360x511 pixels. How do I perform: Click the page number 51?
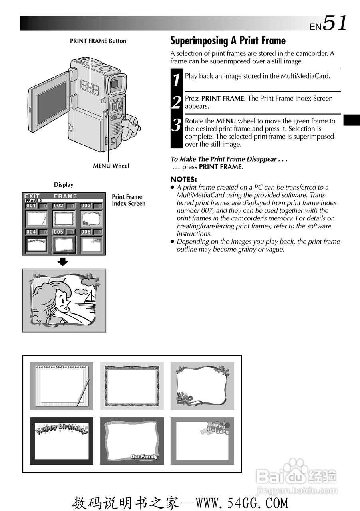[x=335, y=23]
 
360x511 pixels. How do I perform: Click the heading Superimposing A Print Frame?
[x=228, y=41]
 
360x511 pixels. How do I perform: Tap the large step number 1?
[x=177, y=80]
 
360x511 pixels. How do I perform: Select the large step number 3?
[x=177, y=125]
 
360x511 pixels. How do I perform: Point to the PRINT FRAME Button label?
[x=98, y=41]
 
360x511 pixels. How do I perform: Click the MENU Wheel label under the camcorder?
[x=111, y=166]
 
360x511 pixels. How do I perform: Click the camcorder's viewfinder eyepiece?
[x=115, y=84]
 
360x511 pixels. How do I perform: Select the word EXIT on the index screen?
[x=32, y=196]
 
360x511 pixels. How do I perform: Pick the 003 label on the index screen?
[x=86, y=206]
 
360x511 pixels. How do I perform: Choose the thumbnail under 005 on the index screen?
[x=64, y=244]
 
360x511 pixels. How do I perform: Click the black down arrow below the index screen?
[x=63, y=262]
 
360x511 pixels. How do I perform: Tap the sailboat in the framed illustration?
[x=91, y=297]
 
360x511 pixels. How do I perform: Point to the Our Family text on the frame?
[x=144, y=457]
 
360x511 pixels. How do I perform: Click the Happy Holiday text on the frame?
[x=218, y=428]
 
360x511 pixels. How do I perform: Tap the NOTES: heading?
[x=183, y=179]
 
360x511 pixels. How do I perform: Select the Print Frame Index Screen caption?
[x=128, y=200]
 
